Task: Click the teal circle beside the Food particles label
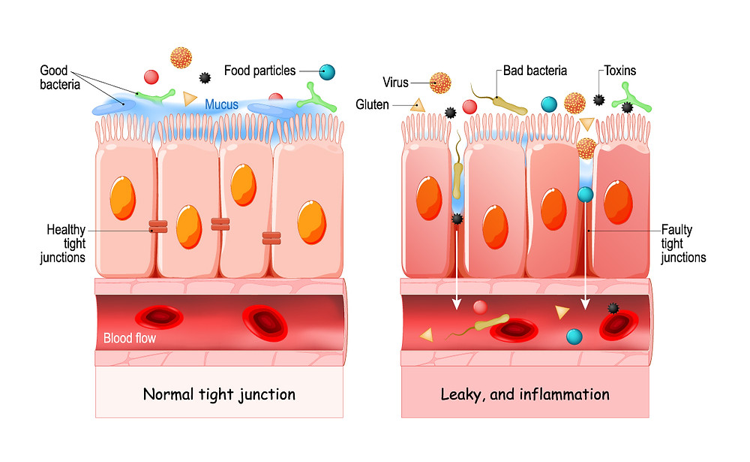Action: (x=326, y=72)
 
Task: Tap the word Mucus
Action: (x=222, y=104)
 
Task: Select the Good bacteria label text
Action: (x=59, y=77)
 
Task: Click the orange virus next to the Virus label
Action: (x=441, y=83)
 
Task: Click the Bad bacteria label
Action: (x=535, y=71)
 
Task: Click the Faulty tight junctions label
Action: (x=682, y=243)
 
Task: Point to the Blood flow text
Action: (x=129, y=338)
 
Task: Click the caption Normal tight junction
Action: (x=219, y=394)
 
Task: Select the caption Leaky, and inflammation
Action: (x=524, y=394)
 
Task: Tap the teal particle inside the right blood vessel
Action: (x=574, y=336)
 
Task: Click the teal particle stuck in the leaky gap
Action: (x=585, y=195)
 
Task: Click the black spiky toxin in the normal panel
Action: (x=205, y=77)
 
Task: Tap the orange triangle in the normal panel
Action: (x=189, y=98)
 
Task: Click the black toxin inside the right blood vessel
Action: (x=613, y=308)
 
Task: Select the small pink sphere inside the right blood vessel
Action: (x=480, y=306)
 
